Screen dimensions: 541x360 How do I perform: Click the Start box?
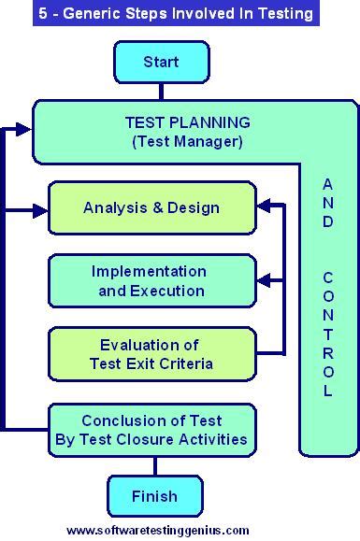[160, 64]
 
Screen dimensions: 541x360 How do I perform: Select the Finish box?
[153, 496]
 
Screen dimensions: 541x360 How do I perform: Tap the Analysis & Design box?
[151, 207]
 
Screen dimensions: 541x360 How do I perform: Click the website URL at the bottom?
[158, 530]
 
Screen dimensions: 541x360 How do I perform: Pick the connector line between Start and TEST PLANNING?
[160, 91]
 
